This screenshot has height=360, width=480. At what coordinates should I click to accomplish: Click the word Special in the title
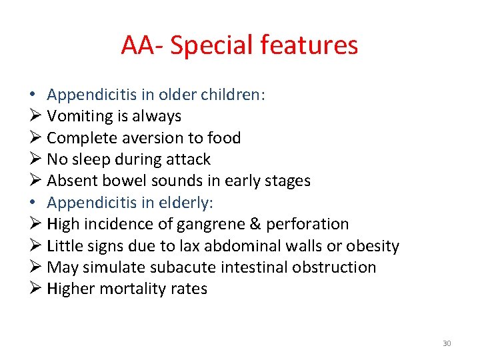pos(213,45)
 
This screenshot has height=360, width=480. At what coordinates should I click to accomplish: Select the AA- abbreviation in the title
pos(142,45)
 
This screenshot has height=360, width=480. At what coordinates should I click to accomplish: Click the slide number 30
pos(447,343)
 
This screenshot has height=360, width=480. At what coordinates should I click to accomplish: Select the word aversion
pos(141,138)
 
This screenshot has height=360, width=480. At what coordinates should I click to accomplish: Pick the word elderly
pos(183,203)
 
